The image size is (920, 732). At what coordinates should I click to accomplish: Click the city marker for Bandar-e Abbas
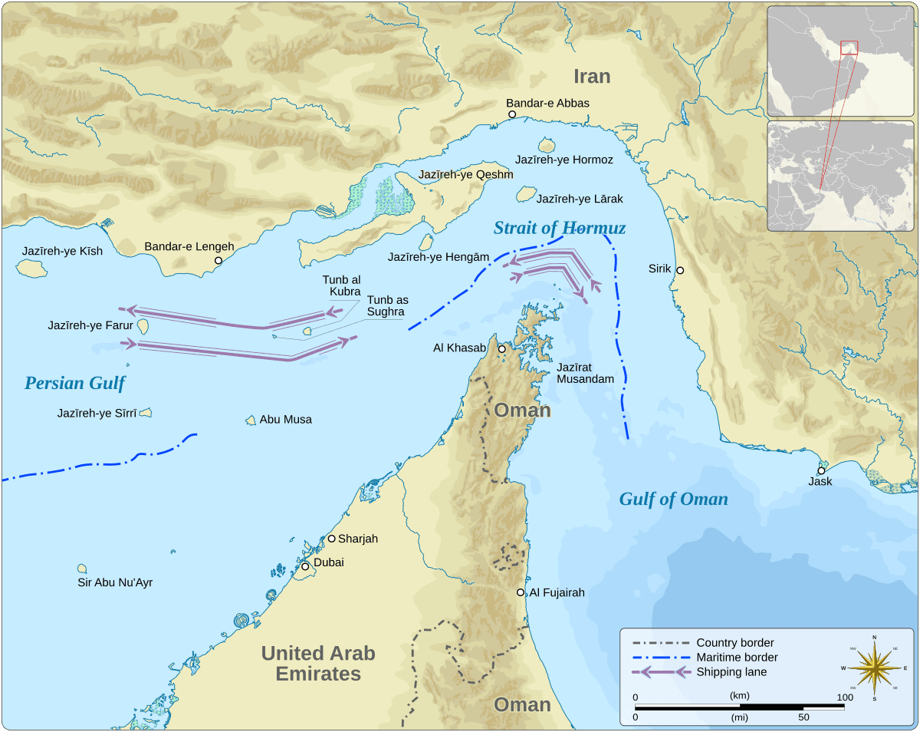click(x=512, y=114)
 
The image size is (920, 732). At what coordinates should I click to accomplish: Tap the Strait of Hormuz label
click(x=560, y=228)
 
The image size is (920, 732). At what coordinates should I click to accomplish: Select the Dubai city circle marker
click(x=304, y=566)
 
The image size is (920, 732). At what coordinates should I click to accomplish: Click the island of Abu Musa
click(x=250, y=420)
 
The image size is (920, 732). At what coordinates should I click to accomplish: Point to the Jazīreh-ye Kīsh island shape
click(x=29, y=268)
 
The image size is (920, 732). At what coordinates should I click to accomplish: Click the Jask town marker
click(x=821, y=470)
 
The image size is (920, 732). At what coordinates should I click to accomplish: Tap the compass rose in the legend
click(x=874, y=668)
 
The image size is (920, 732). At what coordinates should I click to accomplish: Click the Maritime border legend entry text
click(x=736, y=658)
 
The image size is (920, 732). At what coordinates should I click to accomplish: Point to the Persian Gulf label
click(x=74, y=383)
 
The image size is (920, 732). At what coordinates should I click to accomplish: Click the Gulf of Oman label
click(x=673, y=500)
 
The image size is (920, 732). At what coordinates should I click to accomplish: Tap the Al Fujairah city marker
click(x=521, y=592)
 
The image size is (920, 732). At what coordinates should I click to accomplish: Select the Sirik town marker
click(x=679, y=270)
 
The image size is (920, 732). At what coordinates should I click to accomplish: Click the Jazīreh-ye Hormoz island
click(x=547, y=145)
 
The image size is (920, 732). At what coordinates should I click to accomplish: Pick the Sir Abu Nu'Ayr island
click(x=82, y=569)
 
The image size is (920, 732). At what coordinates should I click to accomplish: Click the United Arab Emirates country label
click(x=318, y=664)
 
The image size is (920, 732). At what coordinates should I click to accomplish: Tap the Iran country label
click(x=592, y=76)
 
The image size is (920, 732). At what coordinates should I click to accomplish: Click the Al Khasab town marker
click(x=502, y=349)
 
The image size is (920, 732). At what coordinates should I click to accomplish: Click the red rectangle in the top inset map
click(x=849, y=48)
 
